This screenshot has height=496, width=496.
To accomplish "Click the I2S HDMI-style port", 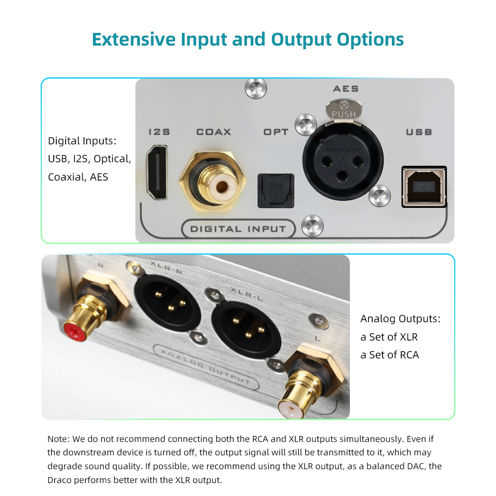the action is tap(157, 172).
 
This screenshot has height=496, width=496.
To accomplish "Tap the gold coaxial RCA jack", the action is tap(212, 181).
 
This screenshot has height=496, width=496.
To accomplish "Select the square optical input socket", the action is tap(276, 190).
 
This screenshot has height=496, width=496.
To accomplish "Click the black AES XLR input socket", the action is tap(343, 161).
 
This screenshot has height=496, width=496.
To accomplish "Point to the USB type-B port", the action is tap(424, 187).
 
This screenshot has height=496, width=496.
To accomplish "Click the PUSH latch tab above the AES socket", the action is tap(344, 109).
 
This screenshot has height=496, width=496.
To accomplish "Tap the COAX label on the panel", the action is tap(214, 132).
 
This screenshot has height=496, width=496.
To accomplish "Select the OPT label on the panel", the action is tap(276, 132).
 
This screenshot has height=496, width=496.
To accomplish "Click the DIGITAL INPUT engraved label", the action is tap(238, 229).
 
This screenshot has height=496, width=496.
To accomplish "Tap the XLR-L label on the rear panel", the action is tap(247, 294).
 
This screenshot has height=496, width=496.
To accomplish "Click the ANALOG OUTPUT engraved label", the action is tap(206, 367).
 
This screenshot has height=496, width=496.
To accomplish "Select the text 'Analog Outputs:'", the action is tap(400, 319).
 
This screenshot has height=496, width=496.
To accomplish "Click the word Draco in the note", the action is tap(59, 480).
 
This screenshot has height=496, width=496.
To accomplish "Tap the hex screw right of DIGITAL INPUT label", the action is tap(312, 226).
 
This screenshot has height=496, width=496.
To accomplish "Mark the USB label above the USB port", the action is tap(419, 132).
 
